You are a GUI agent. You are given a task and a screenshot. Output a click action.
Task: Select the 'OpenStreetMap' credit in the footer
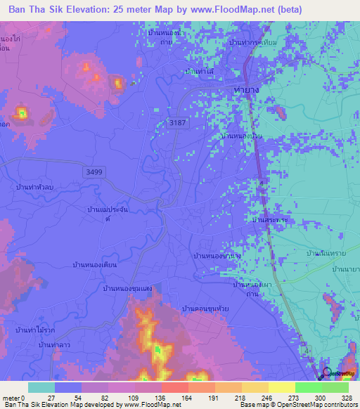(x=286, y=405)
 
